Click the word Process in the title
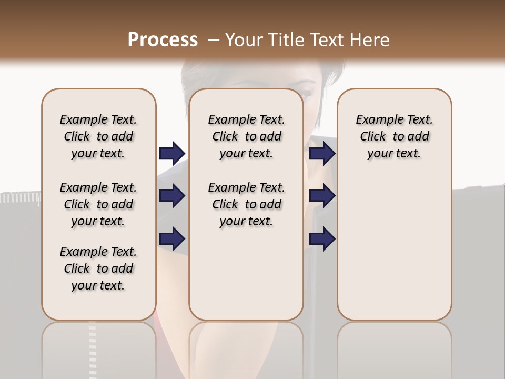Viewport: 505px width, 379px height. [163, 39]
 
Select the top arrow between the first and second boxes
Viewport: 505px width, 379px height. [172, 154]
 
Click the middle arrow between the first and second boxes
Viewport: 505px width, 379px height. [172, 196]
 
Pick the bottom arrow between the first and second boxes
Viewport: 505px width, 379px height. [172, 238]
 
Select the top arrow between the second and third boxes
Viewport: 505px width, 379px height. [322, 154]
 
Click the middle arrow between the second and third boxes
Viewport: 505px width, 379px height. [322, 196]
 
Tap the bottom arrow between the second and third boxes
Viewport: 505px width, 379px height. [322, 238]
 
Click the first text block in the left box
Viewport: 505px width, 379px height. [98, 136]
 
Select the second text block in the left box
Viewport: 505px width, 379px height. [98, 204]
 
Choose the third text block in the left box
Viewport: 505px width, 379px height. [98, 268]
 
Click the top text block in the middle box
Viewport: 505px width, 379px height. [246, 136]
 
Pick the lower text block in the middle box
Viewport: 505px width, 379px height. [246, 204]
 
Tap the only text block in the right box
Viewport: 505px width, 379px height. [394, 136]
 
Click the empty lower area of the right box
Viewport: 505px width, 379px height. [394, 247]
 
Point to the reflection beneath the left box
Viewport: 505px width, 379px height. [98, 347]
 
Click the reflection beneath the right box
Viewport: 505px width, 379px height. [394, 347]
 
